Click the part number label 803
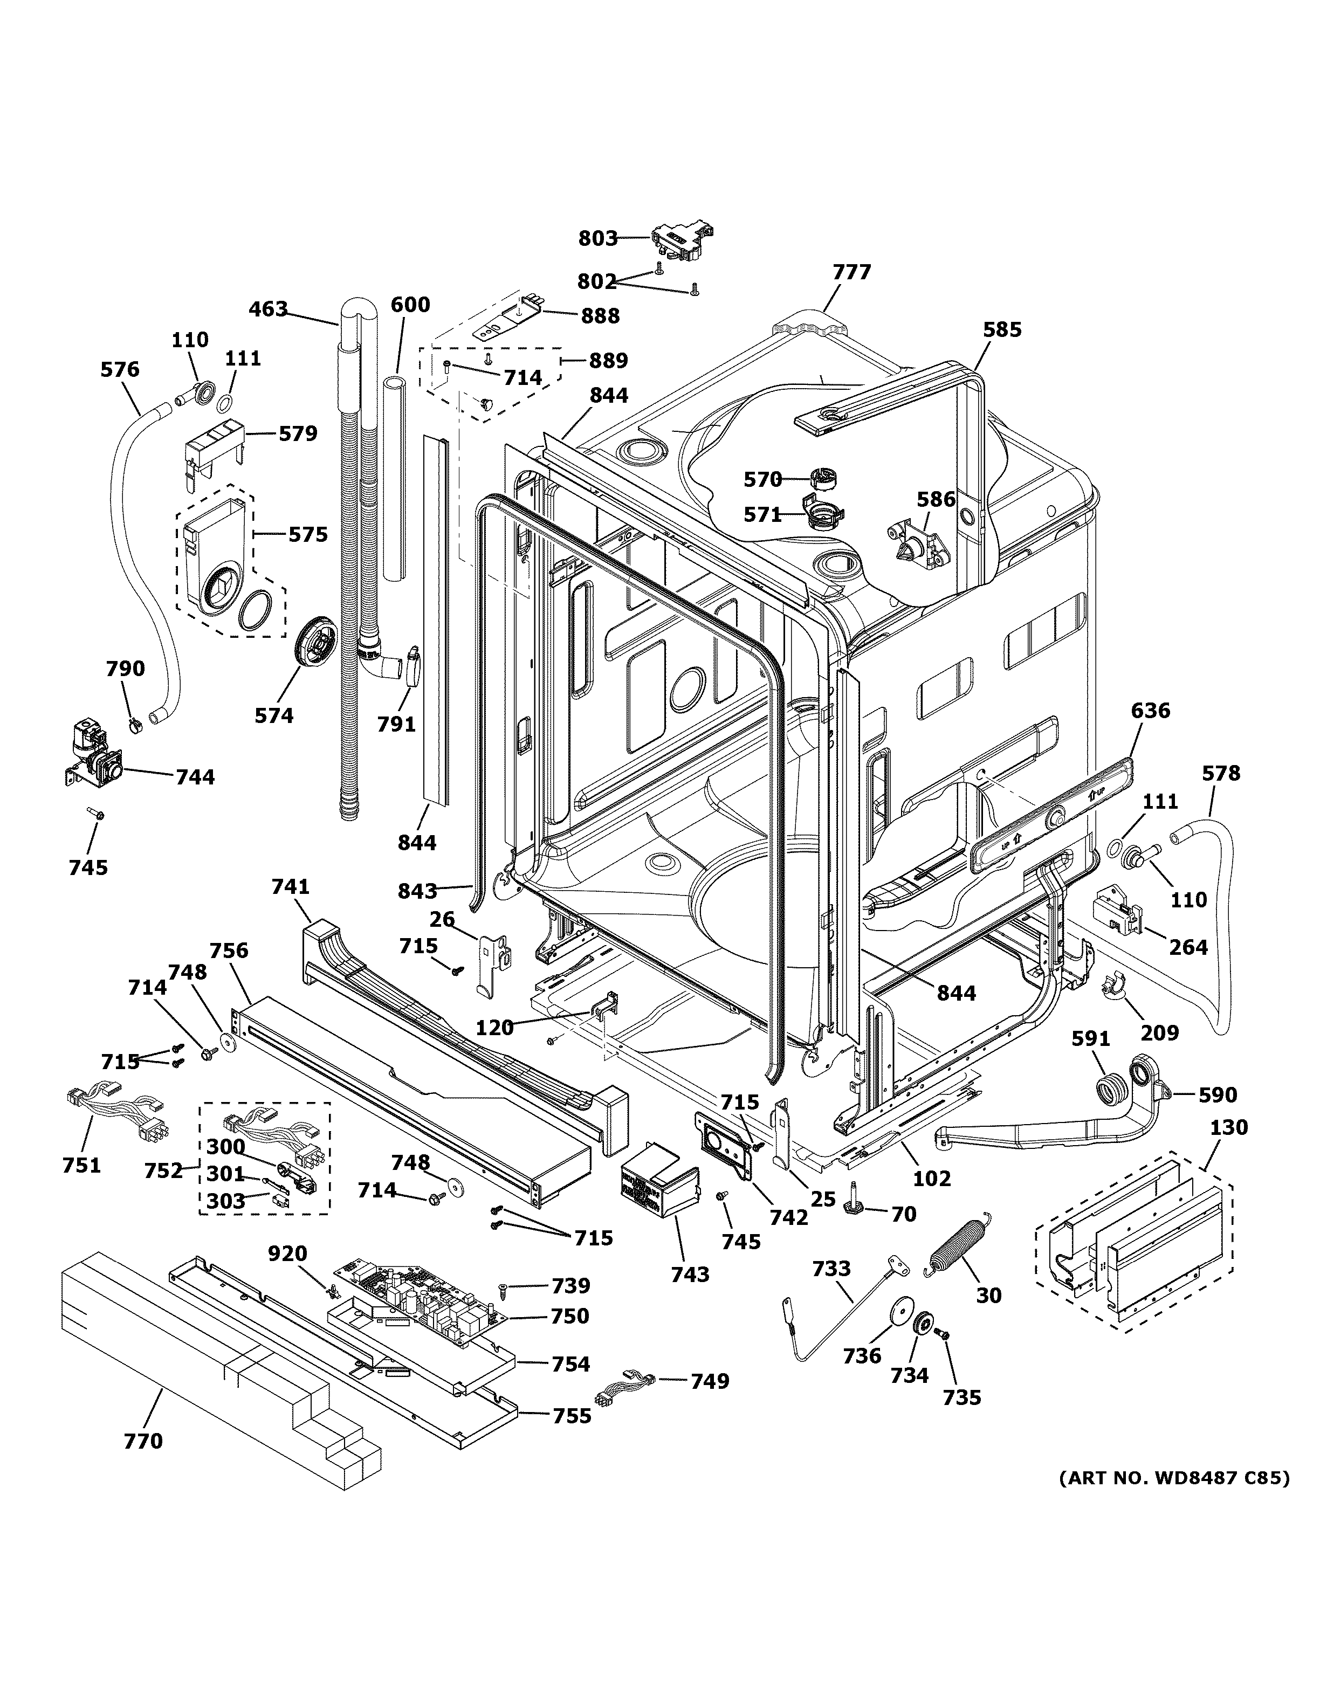pyautogui.click(x=597, y=238)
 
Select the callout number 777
pyautogui.click(x=851, y=272)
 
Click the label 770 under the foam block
pyautogui.click(x=143, y=1441)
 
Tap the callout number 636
pyautogui.click(x=1150, y=711)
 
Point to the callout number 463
pyautogui.click(x=267, y=309)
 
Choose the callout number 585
pyautogui.click(x=1002, y=329)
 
